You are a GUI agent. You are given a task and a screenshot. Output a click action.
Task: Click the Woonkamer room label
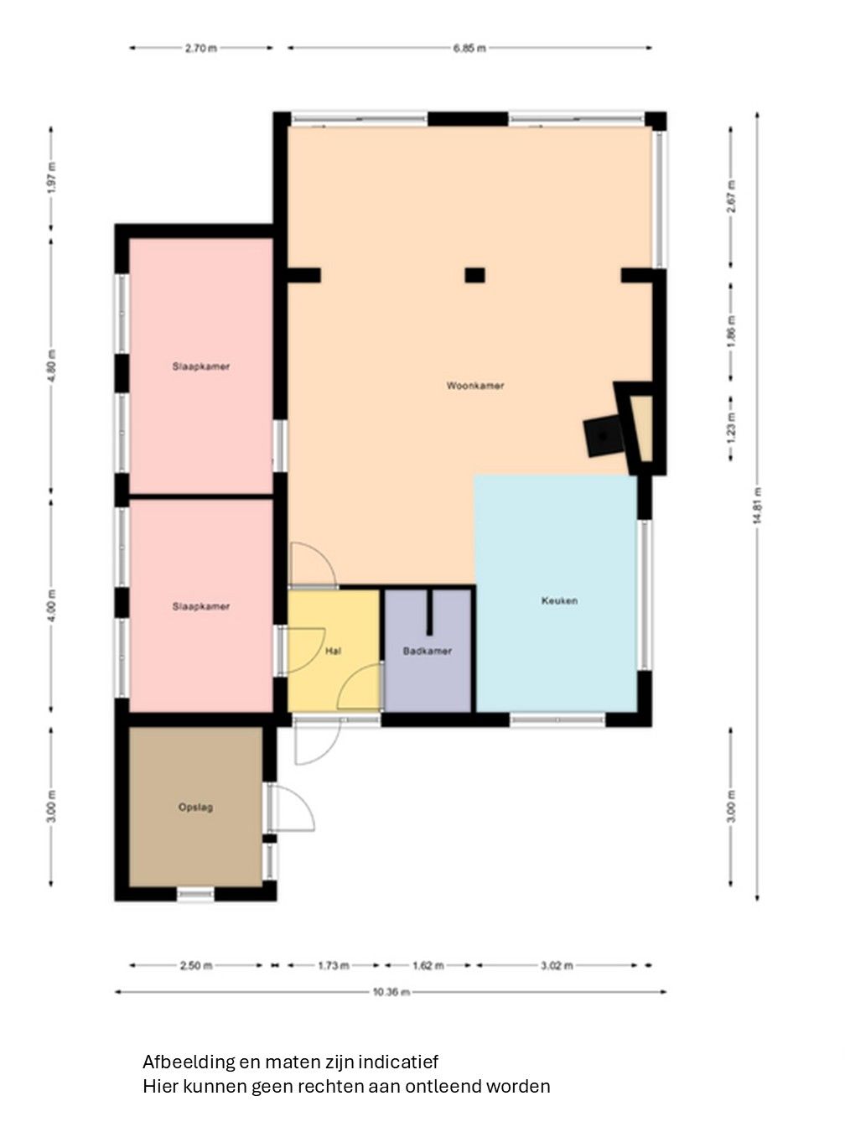point(475,386)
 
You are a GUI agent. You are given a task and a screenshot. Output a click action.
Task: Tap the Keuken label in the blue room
point(559,600)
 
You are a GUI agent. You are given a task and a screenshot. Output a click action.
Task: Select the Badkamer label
point(427,651)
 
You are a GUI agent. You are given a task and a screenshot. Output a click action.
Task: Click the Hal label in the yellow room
point(333,651)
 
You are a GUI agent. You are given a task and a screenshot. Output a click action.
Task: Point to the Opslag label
point(195,808)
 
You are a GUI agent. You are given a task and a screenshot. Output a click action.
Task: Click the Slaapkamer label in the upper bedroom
point(201,366)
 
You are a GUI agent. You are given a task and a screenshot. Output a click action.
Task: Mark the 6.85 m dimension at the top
point(469,49)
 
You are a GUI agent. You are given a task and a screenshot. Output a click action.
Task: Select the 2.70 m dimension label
point(201,49)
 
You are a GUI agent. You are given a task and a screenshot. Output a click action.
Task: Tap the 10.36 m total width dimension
point(391,992)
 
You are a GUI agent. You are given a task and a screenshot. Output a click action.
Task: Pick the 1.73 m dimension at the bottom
point(333,966)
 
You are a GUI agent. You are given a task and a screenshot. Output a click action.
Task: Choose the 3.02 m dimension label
point(557,966)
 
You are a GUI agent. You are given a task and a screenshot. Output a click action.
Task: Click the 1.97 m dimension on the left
point(51,182)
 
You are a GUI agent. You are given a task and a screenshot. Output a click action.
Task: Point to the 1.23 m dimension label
point(732,428)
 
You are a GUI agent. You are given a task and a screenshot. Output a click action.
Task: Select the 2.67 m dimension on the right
point(732,197)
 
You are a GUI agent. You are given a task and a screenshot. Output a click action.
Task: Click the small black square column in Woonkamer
point(475,274)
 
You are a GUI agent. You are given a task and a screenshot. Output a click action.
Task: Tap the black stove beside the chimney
point(604,437)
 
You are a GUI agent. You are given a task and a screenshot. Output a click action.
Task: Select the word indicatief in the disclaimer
point(398,1062)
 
